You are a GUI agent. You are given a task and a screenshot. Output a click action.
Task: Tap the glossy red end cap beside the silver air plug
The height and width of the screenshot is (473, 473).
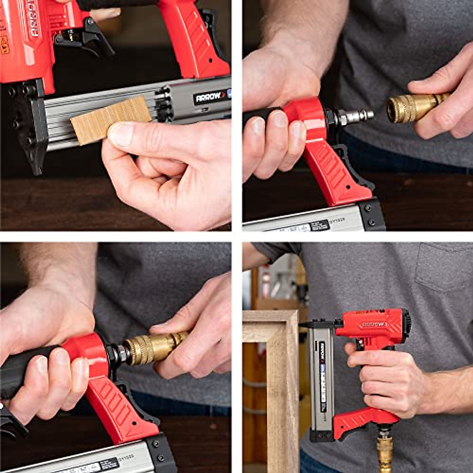click(305, 118)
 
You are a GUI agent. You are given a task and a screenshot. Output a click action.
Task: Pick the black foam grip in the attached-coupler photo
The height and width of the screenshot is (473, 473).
click(24, 371)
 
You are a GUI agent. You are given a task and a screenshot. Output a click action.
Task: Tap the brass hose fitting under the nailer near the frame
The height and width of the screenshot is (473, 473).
click(384, 449)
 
